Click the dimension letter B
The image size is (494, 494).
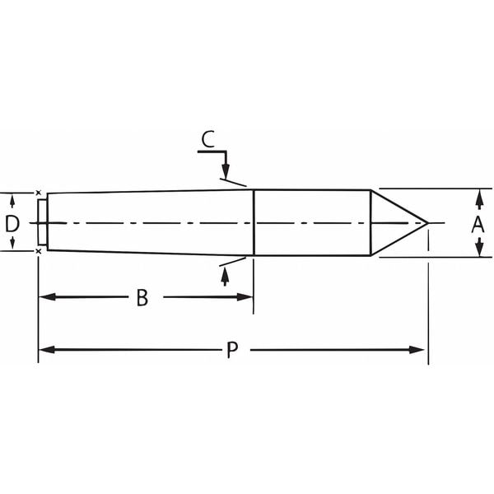[x=142, y=298]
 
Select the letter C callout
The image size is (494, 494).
[x=209, y=138]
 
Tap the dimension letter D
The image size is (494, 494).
[x=12, y=223]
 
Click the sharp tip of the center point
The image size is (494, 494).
[x=427, y=222]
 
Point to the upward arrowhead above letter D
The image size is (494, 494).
[x=12, y=199]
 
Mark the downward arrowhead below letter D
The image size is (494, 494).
[x=12, y=245]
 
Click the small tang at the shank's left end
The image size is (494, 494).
[x=42, y=222]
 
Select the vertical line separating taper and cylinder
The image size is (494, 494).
[x=254, y=222]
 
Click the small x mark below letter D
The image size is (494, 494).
[x=40, y=252]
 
